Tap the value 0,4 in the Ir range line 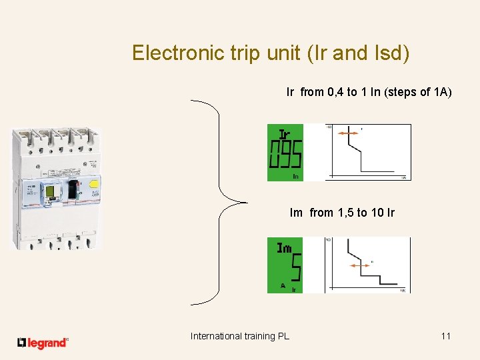pos(335,92)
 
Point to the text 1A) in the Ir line pos(443,92)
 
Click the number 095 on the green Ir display pos(285,155)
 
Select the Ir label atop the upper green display pos(285,133)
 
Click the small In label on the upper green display pos(296,176)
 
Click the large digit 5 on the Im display pos(296,267)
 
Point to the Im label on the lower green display pos(285,248)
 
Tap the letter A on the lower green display pos(283,285)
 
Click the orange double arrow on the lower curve pos(360,265)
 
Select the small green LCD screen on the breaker pos(50,193)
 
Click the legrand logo pos(43,343)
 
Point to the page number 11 pos(446,336)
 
